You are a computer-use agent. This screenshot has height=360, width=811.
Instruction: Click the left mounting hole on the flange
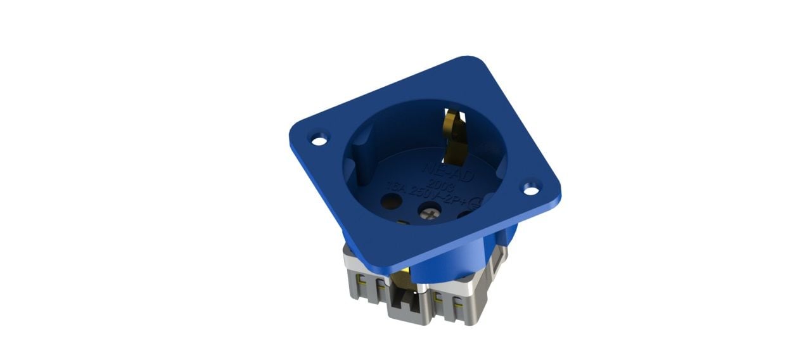click(x=320, y=137)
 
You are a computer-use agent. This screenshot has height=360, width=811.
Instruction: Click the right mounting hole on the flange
click(x=530, y=188)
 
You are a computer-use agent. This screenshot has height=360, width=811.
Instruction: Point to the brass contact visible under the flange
click(x=402, y=278)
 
